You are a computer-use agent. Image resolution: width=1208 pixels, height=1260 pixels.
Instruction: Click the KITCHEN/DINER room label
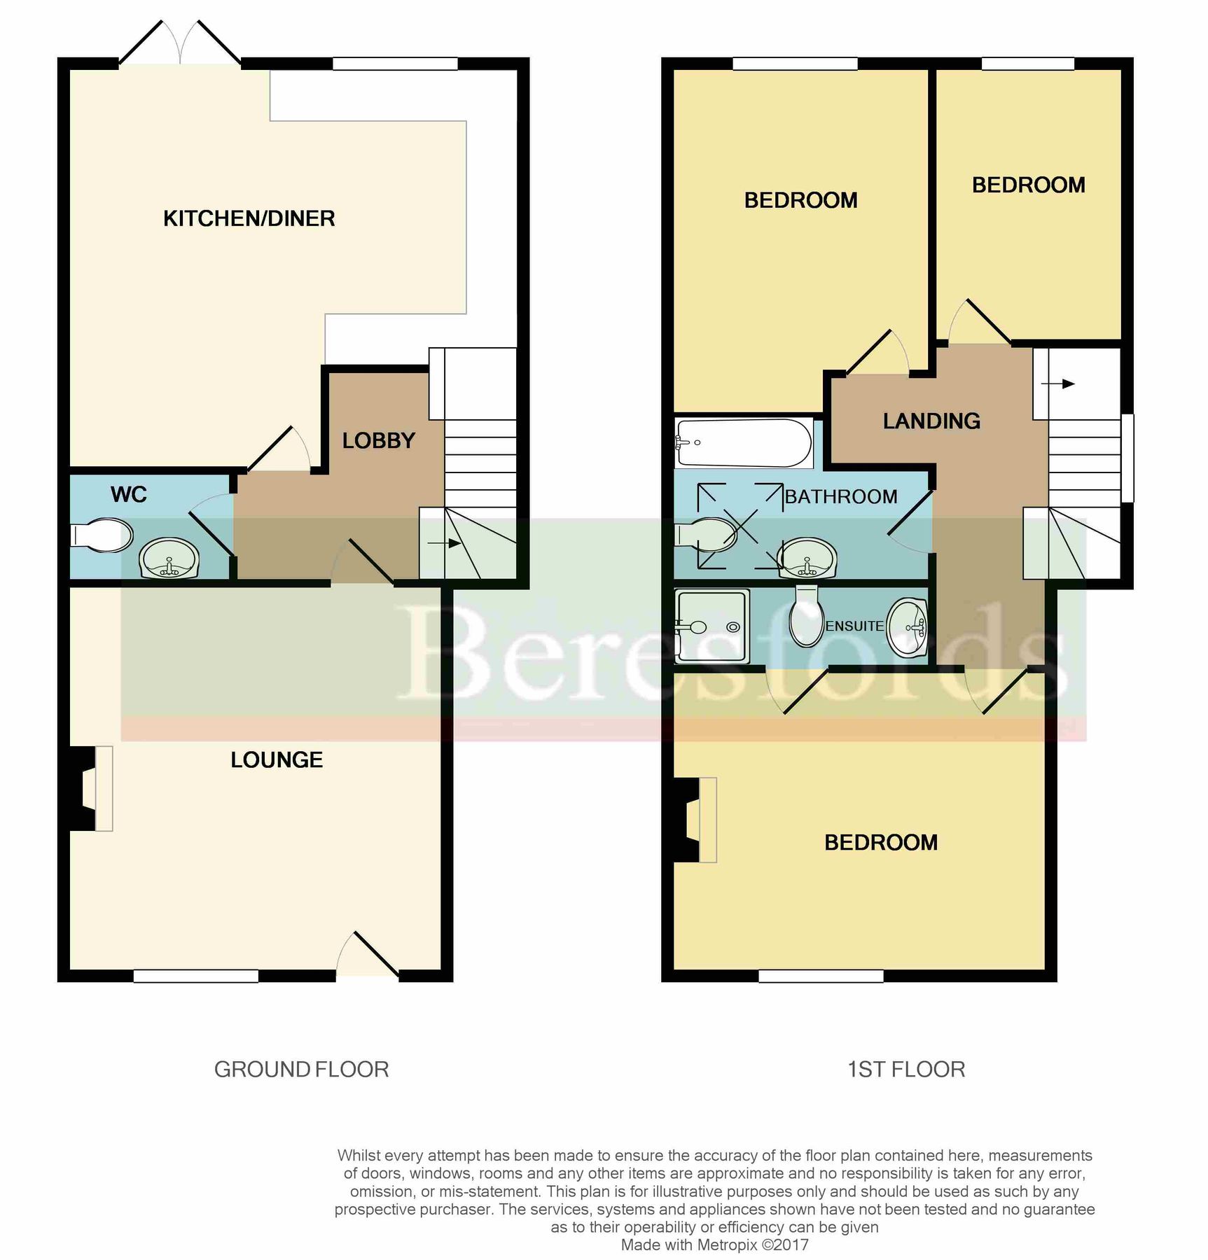click(249, 218)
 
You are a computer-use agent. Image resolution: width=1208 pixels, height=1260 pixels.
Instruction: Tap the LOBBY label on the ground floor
click(378, 440)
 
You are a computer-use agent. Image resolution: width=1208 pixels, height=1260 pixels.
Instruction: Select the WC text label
click(128, 494)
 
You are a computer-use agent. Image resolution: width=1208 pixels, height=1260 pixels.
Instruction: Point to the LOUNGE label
click(277, 759)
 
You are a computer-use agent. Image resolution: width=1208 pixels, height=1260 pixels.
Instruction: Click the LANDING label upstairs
click(931, 421)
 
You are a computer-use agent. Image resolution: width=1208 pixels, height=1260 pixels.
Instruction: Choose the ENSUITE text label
click(854, 626)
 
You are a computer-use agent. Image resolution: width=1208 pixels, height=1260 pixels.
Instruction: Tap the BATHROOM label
click(840, 496)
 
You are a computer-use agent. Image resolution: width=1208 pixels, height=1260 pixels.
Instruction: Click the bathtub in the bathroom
click(743, 443)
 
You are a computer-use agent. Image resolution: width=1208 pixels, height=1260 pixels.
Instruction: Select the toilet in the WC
click(102, 535)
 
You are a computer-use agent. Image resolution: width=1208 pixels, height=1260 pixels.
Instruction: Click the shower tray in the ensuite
click(711, 626)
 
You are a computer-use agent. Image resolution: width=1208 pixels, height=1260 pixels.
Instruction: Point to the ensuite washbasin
click(907, 627)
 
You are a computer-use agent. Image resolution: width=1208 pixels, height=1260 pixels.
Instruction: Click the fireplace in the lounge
click(89, 788)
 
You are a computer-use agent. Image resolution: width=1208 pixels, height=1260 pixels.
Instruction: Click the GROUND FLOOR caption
click(301, 1069)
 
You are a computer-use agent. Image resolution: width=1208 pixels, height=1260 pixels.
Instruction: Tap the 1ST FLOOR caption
click(905, 1069)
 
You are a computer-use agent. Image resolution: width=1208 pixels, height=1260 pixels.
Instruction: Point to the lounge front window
click(195, 976)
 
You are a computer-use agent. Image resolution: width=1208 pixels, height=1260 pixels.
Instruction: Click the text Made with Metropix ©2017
click(714, 1245)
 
